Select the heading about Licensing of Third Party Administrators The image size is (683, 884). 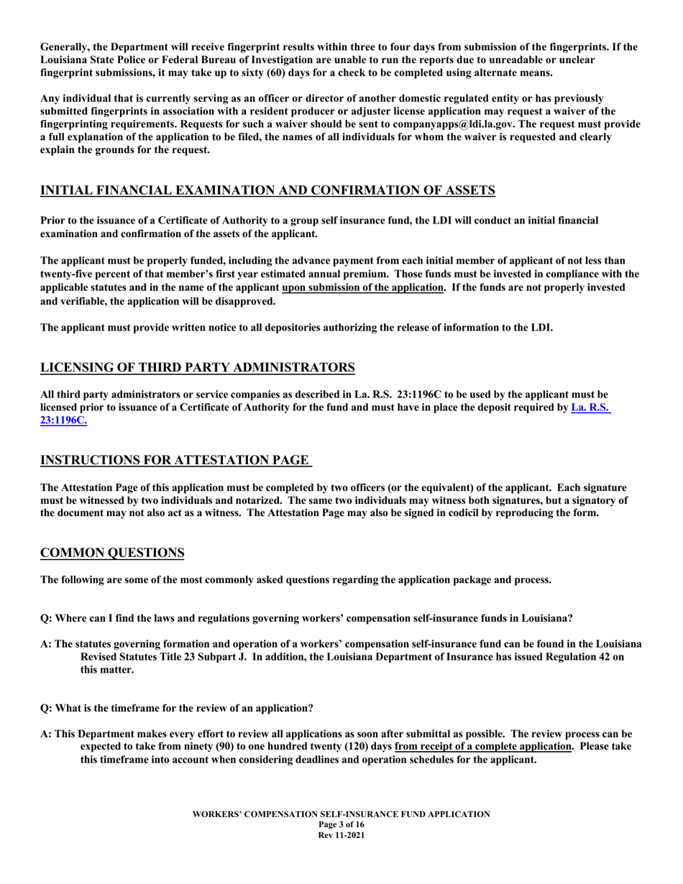(x=198, y=367)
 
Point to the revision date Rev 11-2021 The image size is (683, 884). (x=341, y=834)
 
